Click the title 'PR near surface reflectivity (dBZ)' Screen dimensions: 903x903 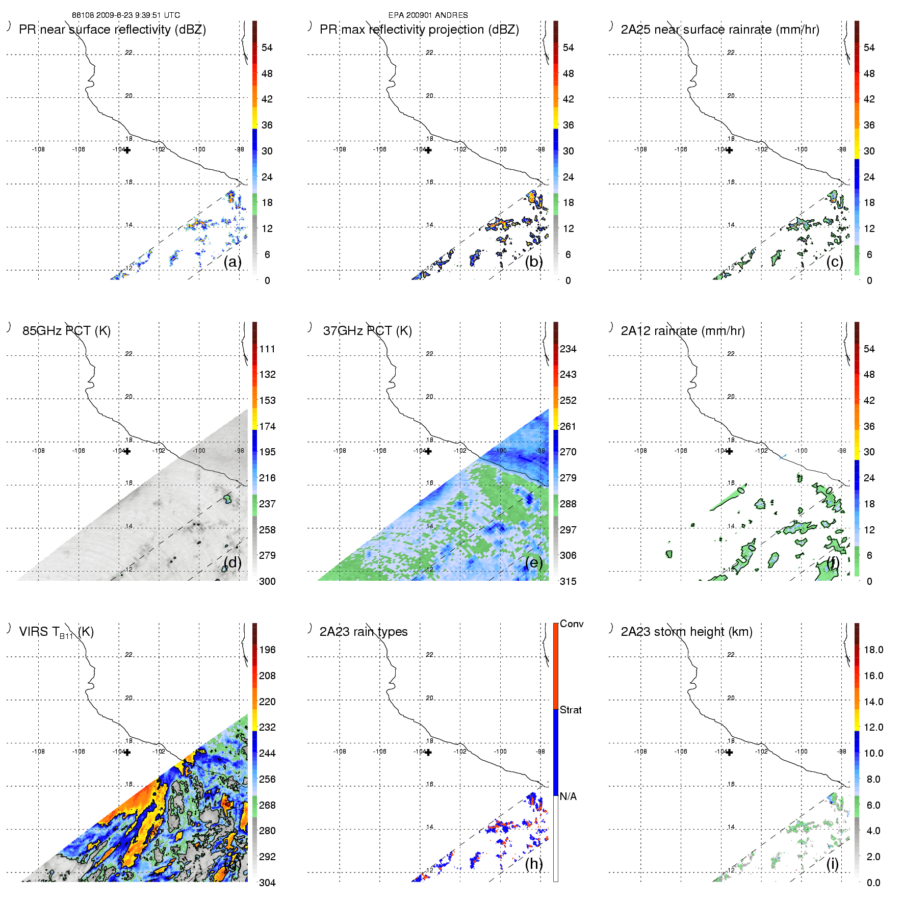[112, 30]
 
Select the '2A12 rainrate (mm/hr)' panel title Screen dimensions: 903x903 [682, 331]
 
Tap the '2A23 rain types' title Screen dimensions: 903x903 [363, 632]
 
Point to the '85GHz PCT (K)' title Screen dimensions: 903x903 [66, 331]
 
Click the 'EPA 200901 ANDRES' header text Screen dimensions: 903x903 [428, 15]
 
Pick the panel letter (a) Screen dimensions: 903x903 [233, 262]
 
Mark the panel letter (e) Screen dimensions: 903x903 [533, 563]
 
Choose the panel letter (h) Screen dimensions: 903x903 [533, 864]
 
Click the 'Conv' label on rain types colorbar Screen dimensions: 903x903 [571, 624]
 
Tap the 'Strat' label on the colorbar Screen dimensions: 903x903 [571, 710]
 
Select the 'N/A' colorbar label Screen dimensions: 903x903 [568, 796]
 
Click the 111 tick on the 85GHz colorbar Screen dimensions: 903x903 [267, 349]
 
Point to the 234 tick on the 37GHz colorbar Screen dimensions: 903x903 [568, 349]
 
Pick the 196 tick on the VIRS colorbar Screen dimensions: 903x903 [267, 650]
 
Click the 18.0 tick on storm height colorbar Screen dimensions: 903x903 [873, 650]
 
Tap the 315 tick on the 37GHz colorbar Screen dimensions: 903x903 [568, 581]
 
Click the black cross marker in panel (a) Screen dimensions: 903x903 [127, 150]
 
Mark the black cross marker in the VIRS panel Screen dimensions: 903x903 [127, 752]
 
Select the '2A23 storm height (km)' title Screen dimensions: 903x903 [686, 632]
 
